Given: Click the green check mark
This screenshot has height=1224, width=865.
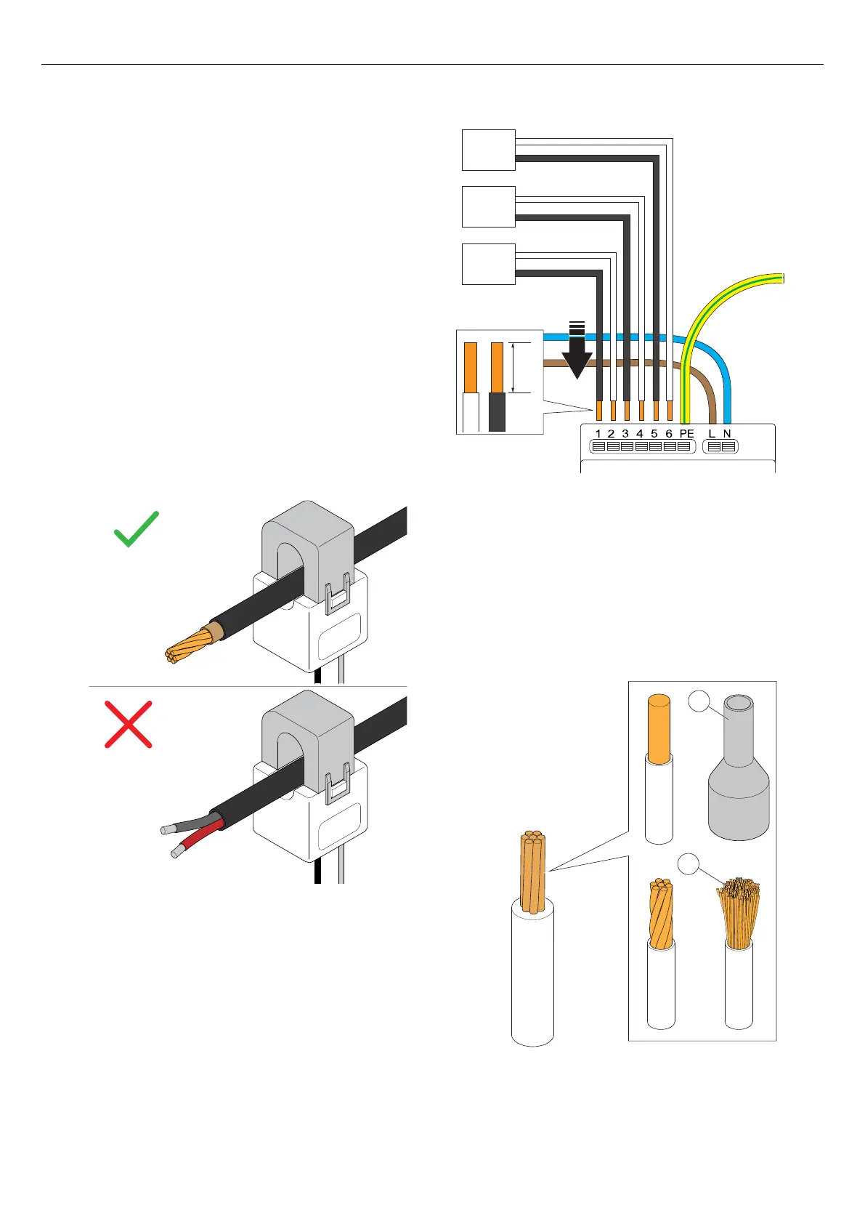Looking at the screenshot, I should click(137, 528).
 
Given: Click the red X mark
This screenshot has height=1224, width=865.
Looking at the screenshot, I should click(128, 724).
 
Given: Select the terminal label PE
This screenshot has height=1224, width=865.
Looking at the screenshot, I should click(686, 434).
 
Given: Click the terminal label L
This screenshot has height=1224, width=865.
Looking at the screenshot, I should click(712, 434).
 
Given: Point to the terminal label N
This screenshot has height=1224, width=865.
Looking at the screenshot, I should click(727, 434).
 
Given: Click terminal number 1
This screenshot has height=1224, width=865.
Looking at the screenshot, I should click(598, 434).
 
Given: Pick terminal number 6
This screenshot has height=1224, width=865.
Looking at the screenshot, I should click(669, 434).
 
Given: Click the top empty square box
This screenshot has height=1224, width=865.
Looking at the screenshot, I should click(489, 150).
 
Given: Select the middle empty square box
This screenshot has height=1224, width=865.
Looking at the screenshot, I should click(489, 206).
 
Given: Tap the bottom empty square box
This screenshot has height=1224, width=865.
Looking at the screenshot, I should click(489, 264).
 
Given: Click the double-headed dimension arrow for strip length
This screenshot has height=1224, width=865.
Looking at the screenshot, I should click(513, 368).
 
